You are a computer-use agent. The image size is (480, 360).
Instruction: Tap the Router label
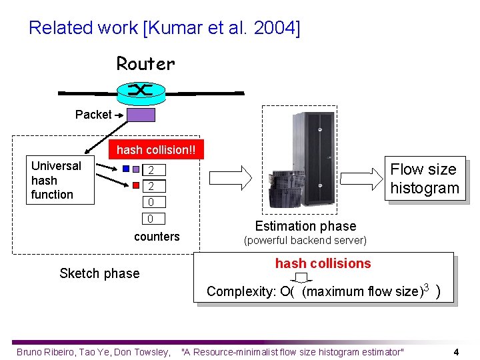(x=145, y=64)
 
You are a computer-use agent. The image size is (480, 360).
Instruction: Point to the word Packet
(x=93, y=115)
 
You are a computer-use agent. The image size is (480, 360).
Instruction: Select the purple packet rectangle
(x=141, y=115)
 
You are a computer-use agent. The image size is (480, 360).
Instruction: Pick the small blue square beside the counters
(x=126, y=169)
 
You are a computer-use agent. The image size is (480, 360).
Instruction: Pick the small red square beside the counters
(x=135, y=184)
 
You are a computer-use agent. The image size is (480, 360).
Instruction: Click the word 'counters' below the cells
(x=157, y=237)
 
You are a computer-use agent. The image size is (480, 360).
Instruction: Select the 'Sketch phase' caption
(x=99, y=273)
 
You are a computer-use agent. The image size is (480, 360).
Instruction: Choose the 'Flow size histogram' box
(x=424, y=179)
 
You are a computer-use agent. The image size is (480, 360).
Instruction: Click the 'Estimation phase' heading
(x=305, y=226)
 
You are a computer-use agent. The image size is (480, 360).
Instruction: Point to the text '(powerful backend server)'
(x=305, y=240)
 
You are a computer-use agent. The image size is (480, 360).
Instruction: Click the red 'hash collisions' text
(x=323, y=263)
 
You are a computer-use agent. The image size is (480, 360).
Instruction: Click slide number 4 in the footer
(x=456, y=351)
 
